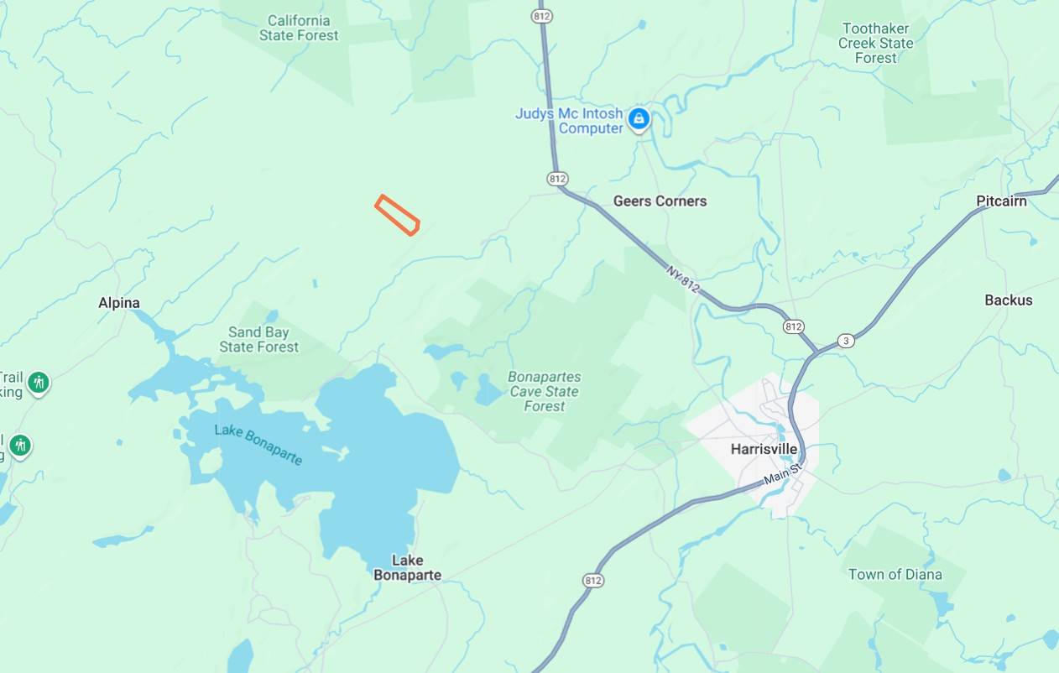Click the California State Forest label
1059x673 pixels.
click(299, 28)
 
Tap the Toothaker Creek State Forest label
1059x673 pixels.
click(875, 43)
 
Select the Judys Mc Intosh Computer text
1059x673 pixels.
click(569, 121)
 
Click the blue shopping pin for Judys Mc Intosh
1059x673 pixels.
click(639, 119)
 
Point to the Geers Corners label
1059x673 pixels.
click(660, 201)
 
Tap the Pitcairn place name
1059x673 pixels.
click(1001, 201)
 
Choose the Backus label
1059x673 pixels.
click(1008, 300)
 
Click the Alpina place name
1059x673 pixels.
click(119, 303)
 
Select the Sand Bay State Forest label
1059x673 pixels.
click(258, 340)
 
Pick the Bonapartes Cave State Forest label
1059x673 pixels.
click(544, 392)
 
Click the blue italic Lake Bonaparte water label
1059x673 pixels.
click(258, 444)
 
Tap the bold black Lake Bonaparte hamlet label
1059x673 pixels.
click(407, 568)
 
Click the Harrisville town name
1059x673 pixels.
click(764, 449)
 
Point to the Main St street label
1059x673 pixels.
click(782, 473)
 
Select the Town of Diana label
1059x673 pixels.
click(895, 575)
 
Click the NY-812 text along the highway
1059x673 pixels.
click(683, 279)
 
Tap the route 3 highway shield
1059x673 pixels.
click(846, 341)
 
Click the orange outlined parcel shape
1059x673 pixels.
click(397, 215)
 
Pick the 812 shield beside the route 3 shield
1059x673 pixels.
click(793, 326)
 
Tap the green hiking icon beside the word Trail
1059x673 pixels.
click(38, 383)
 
